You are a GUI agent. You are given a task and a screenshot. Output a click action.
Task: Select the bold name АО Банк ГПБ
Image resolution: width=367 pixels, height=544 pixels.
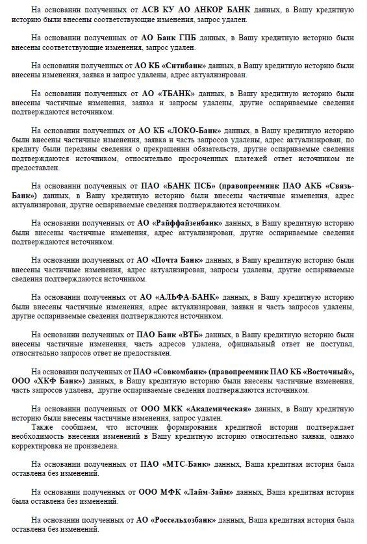[x=165, y=38]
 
